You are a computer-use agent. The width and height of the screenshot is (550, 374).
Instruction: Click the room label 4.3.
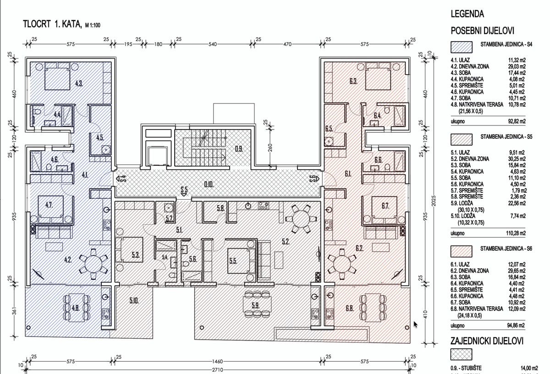tap(79, 83)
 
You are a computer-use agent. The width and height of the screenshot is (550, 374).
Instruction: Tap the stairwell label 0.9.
tap(239, 149)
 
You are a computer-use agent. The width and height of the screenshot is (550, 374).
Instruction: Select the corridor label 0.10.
tap(209, 184)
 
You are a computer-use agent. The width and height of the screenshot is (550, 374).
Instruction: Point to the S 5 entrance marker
tap(184, 191)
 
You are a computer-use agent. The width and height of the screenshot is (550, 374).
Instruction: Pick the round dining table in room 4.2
tap(93, 264)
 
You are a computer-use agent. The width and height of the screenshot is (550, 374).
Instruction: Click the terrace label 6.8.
tap(350, 308)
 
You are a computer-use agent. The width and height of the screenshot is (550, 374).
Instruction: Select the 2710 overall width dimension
tap(218, 369)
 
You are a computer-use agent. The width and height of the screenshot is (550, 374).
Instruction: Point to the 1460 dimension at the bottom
tap(218, 362)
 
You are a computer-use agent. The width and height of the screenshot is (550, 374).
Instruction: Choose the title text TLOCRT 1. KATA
tap(52, 24)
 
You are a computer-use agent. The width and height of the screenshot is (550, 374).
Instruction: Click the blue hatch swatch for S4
tap(462, 47)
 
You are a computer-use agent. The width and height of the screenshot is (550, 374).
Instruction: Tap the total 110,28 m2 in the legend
tap(516, 233)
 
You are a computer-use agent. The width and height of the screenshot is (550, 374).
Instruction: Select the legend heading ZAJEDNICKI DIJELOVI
tap(487, 341)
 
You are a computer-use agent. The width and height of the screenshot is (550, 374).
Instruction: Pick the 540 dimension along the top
tap(213, 44)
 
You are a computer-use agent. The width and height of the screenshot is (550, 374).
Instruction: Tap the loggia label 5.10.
tap(134, 301)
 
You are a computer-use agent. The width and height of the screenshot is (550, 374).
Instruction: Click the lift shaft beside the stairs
tap(157, 157)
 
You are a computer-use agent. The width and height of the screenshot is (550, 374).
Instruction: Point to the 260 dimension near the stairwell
tap(270, 148)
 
